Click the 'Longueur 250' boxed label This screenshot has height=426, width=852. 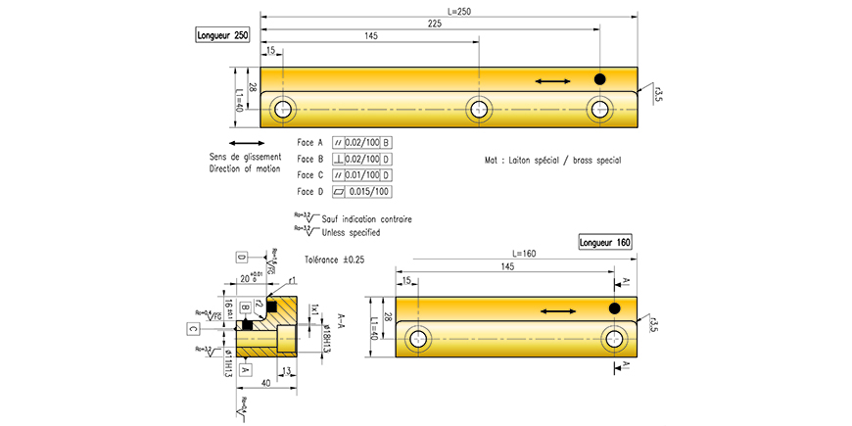coord(222,36)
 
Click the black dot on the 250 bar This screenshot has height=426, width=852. coord(600,78)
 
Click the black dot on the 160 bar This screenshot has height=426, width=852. coord(615,308)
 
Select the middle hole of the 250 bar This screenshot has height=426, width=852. coord(478,109)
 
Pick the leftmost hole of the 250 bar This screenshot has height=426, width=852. coord(284,109)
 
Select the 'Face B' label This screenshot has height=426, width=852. coord(310,159)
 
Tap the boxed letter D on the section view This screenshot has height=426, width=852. coord(240,258)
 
